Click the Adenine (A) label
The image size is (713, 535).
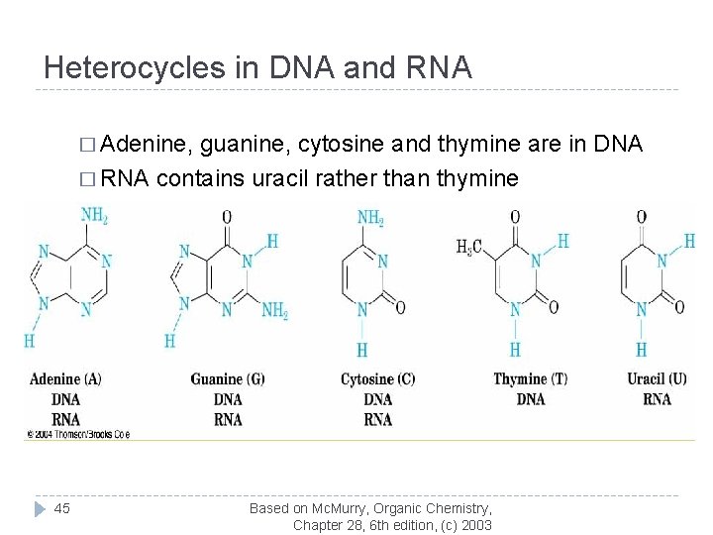65,379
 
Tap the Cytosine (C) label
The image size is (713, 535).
377,379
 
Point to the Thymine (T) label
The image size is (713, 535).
531,379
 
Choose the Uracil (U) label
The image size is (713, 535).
657,379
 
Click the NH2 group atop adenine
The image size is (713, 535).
94,216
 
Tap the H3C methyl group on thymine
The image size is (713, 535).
469,246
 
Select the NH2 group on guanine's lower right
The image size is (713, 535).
275,311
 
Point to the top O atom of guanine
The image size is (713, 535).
227,216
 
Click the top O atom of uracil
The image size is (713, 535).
642,216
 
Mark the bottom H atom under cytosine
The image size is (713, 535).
361,350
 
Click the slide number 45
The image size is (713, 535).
62,508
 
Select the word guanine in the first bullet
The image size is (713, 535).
238,146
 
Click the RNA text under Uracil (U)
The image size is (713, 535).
657,399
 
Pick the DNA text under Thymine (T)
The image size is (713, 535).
531,399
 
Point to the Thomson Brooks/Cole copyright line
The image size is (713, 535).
78,434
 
